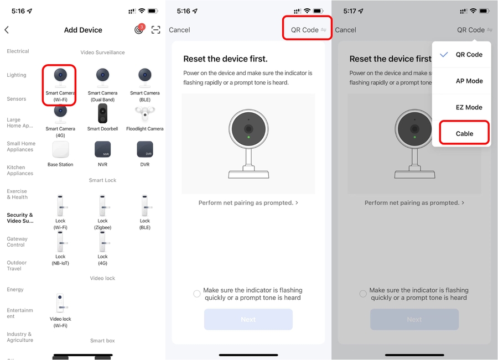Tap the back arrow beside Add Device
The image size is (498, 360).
click(x=7, y=30)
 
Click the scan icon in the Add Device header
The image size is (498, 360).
click(x=155, y=30)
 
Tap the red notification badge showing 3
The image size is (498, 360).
click(x=142, y=27)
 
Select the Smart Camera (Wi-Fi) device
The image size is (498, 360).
click(x=60, y=85)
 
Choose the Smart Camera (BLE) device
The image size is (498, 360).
click(x=145, y=85)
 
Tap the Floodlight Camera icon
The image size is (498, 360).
click(x=145, y=114)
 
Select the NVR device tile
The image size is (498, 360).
click(x=102, y=149)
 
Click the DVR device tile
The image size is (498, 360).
click(x=145, y=149)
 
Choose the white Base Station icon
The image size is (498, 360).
click(x=60, y=149)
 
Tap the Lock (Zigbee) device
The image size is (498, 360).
click(x=102, y=212)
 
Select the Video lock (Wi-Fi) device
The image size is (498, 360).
click(x=60, y=310)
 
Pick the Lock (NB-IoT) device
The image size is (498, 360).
click(x=60, y=248)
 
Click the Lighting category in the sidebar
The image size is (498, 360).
click(x=17, y=75)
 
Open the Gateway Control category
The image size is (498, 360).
click(x=17, y=242)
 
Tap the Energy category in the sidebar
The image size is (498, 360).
click(x=15, y=289)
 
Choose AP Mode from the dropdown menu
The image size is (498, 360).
click(x=469, y=81)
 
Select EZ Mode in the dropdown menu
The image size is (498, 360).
click(x=469, y=107)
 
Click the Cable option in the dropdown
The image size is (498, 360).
click(x=464, y=134)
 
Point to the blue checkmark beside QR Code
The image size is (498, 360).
click(x=444, y=54)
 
